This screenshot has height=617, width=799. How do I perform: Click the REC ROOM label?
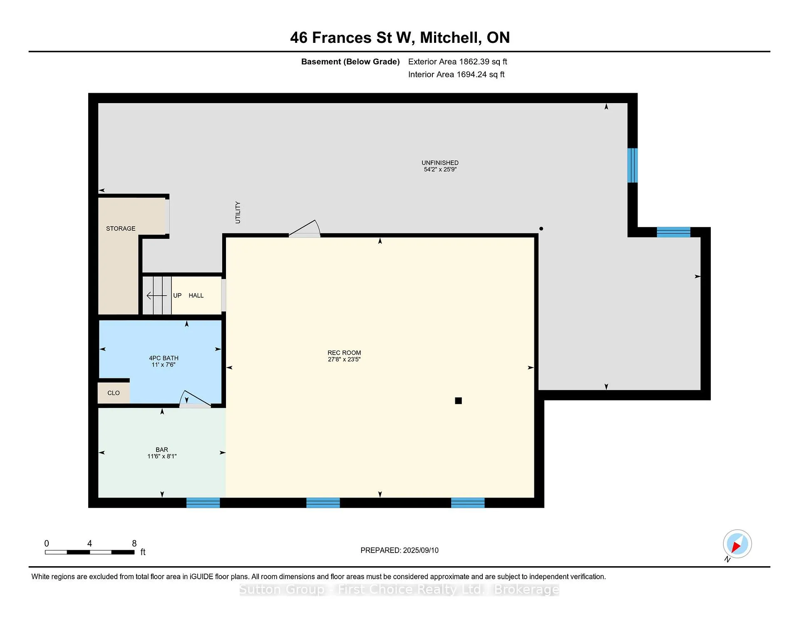coord(344,353)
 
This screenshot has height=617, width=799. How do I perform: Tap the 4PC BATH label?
coord(164,358)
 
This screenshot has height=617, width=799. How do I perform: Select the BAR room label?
coord(162,449)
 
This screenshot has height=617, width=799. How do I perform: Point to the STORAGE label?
coord(121,228)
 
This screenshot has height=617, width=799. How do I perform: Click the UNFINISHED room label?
coord(440,163)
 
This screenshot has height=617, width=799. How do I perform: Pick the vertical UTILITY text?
coord(238,212)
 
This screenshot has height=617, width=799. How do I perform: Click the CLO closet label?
coord(114,393)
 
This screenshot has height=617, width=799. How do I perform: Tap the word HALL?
coord(196,295)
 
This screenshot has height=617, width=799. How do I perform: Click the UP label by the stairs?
coord(177,295)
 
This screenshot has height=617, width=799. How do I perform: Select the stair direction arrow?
coord(156,296)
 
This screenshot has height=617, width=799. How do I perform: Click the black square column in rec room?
coord(458,400)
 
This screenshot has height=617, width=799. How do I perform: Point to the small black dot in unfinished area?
coord(541,229)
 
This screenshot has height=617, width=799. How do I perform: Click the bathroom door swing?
coord(195,399)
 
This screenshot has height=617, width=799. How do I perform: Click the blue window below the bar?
coord(203,503)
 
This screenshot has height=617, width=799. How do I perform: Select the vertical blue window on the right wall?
coord(633,165)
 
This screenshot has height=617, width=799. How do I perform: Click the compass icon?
coord(737,544)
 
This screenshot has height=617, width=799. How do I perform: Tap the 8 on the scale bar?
coord(134,543)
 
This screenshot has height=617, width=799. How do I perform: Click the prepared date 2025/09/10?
coord(421,550)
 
